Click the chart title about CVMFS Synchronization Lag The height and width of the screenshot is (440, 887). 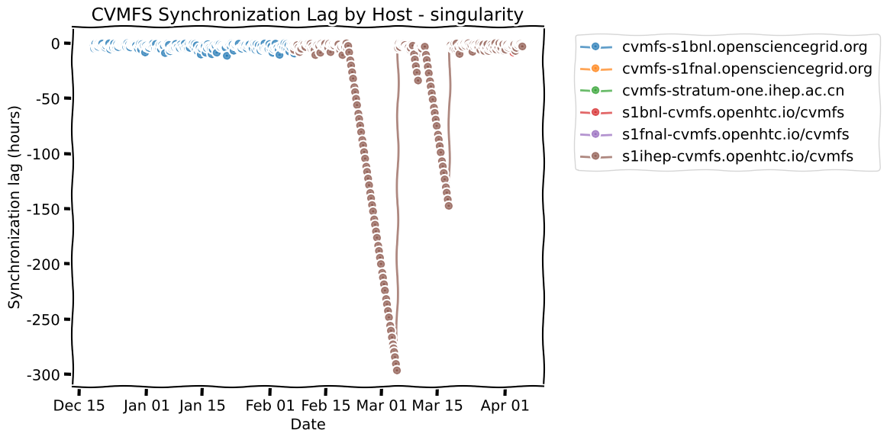coord(307,14)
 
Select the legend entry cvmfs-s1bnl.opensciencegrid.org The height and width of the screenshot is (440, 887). coord(744,47)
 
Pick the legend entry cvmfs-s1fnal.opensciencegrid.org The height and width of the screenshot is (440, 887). coord(747,69)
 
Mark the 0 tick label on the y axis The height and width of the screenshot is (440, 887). coord(55,43)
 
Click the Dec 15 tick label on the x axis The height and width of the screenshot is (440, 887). coord(79,406)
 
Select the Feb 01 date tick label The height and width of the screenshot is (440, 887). coord(270,406)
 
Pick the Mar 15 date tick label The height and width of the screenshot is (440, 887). coord(437,406)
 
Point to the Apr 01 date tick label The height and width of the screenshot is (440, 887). coord(505,406)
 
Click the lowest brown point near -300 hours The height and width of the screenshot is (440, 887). coord(397,370)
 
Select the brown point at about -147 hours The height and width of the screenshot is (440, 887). coord(448,206)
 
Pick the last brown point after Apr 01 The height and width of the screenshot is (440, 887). coord(522,47)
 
